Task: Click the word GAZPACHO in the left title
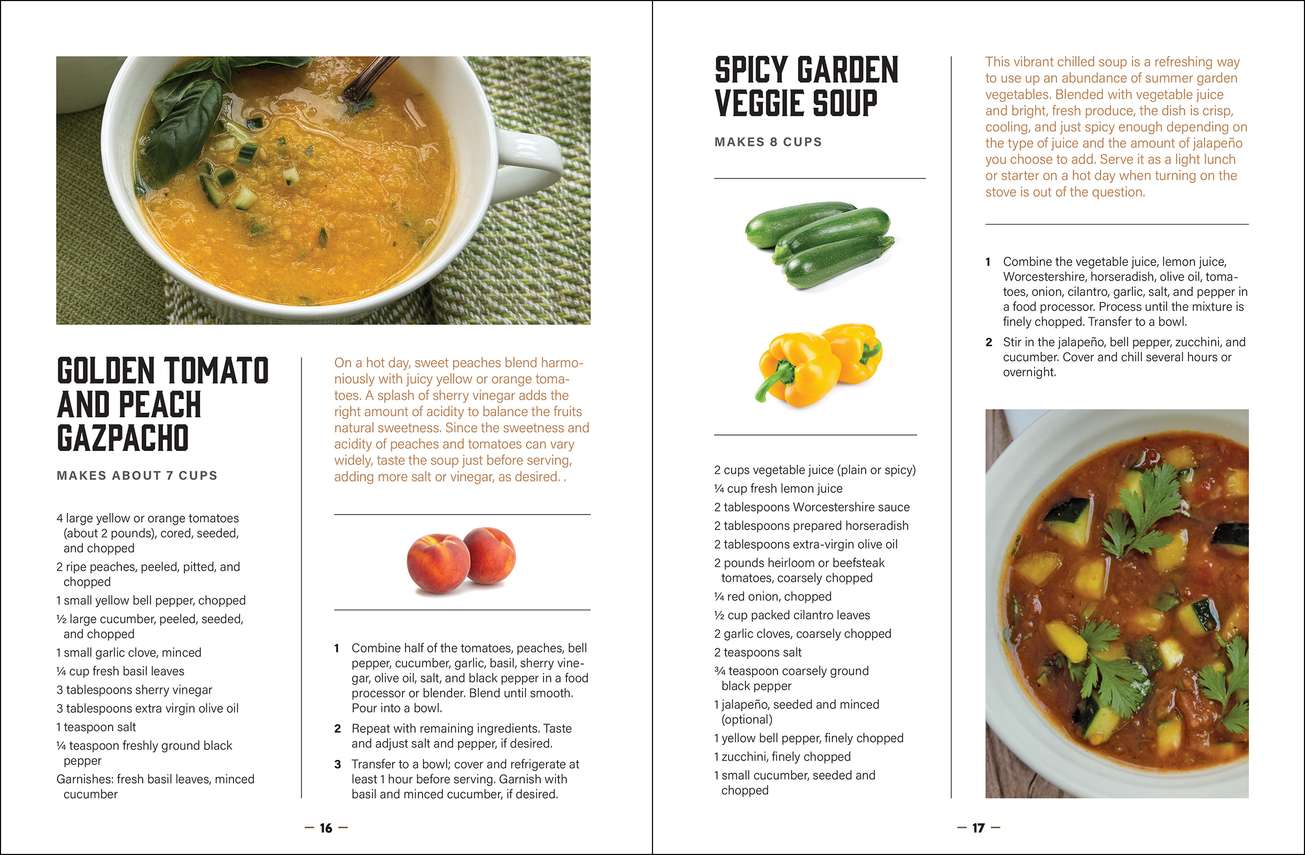[x=123, y=438]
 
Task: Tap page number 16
[x=325, y=828]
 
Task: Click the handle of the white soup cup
[x=532, y=159]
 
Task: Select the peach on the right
[x=490, y=555]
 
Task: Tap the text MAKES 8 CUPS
[x=767, y=142]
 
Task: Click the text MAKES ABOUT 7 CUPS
[x=137, y=476]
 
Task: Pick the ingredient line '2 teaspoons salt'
[x=757, y=652]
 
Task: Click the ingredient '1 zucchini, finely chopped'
[x=782, y=756]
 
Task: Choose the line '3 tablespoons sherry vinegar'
[x=134, y=689]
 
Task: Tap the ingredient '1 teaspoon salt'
[x=96, y=727]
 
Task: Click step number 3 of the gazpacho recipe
[x=337, y=764]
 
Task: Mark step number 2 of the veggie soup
[x=989, y=342]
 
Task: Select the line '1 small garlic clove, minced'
[x=129, y=652]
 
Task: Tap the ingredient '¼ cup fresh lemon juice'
[x=778, y=488]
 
